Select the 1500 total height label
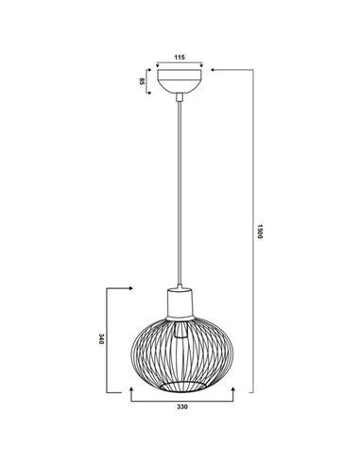[x=260, y=231]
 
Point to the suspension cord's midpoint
[x=179, y=189]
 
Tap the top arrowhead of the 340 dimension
[x=129, y=285]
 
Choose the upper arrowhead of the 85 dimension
[x=148, y=70]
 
